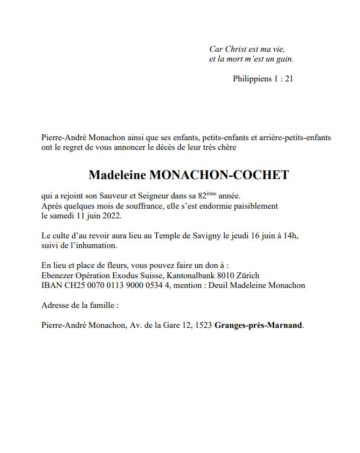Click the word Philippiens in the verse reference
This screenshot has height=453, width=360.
tap(252, 79)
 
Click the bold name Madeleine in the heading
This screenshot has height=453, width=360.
tap(116, 175)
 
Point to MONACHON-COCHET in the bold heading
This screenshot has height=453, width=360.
tap(218, 175)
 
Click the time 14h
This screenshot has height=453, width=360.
tap(292, 236)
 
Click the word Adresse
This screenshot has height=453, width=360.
tap(56, 305)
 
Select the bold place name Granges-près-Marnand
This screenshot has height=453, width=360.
tap(259, 325)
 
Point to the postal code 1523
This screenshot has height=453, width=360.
tap(203, 325)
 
